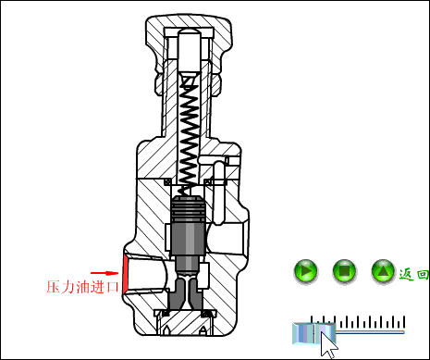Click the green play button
(x=306, y=272)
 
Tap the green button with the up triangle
(x=383, y=272)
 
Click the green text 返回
(x=413, y=274)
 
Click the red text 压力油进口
(x=83, y=287)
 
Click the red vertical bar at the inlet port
(x=123, y=272)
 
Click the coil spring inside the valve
(x=190, y=130)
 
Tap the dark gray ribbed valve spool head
(x=189, y=213)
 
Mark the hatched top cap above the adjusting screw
(x=189, y=23)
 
